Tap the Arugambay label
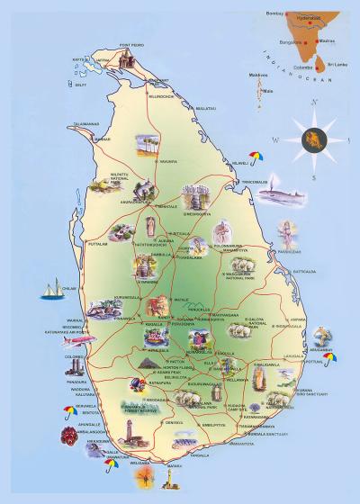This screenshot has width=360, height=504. pos(325,348)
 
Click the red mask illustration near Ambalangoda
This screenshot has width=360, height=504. pos(69,436)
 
